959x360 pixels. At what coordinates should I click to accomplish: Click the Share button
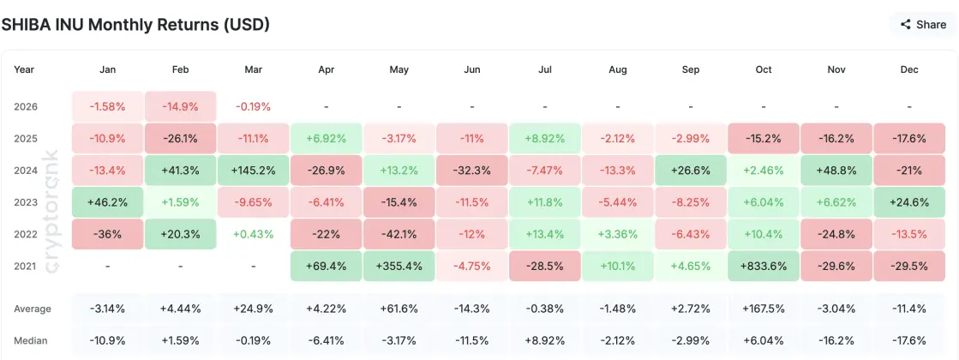923,25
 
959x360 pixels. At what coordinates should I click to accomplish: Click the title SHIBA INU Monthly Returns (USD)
135,25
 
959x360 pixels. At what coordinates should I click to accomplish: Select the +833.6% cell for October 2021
764,266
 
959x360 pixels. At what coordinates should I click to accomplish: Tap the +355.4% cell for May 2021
399,266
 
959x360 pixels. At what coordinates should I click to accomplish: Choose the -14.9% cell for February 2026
180,107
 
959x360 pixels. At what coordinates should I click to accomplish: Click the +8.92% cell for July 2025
544,137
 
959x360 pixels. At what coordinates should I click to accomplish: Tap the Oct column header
764,69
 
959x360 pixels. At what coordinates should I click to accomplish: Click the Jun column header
471,69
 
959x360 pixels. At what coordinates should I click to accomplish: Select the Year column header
25,69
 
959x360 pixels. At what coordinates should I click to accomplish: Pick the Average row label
33,309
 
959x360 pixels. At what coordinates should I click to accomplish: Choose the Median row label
32,339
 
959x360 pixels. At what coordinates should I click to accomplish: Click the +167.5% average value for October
764,309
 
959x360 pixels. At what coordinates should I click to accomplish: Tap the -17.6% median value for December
909,339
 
